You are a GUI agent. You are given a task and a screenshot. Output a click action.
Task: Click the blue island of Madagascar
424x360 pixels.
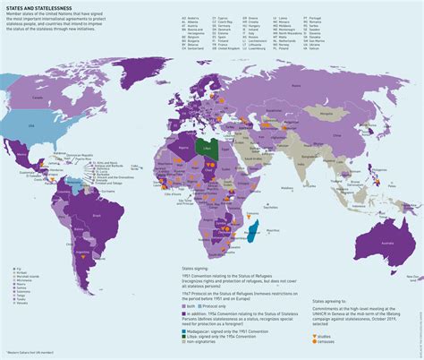(x=253, y=233)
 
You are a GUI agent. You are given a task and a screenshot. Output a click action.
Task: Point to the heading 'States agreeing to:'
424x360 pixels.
(x=331, y=304)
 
